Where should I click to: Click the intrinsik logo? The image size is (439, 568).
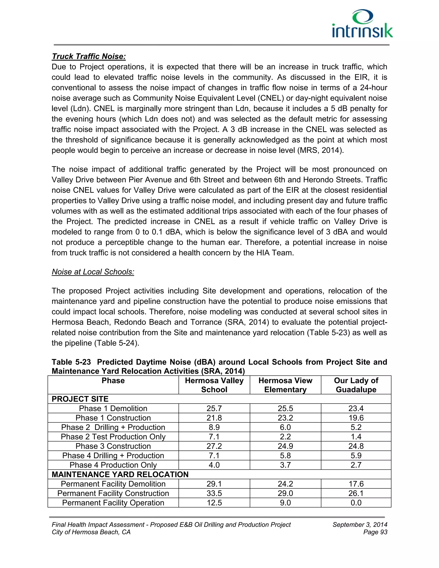pyautogui.click(x=362, y=24)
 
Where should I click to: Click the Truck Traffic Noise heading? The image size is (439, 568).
pyautogui.click(x=89, y=56)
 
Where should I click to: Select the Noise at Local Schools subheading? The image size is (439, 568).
pyautogui.click(x=93, y=272)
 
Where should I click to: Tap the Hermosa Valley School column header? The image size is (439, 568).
pyautogui.click(x=214, y=385)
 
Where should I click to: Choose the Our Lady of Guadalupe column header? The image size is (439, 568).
pyautogui.click(x=356, y=385)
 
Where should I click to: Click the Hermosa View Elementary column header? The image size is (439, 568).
pyautogui.click(x=285, y=385)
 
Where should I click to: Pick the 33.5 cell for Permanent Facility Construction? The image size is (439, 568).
pyautogui.click(x=214, y=493)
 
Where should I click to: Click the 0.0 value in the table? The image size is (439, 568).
pyautogui.click(x=356, y=503)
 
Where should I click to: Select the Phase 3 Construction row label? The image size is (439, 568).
pyautogui.click(x=113, y=446)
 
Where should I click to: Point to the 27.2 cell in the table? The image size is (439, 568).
pyautogui.click(x=214, y=446)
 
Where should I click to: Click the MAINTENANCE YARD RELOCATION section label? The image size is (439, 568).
pyautogui.click(x=120, y=474)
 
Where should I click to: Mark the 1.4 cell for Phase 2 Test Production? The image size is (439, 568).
pyautogui.click(x=356, y=437)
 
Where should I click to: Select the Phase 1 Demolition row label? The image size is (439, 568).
pyautogui.click(x=113, y=408)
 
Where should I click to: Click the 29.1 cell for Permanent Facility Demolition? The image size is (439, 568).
pyautogui.click(x=214, y=484)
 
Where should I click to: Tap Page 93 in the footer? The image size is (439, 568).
pyautogui.click(x=375, y=532)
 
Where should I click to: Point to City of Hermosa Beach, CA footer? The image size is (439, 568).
pyautogui.click(x=91, y=532)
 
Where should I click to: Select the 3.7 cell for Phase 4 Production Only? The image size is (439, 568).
pyautogui.click(x=285, y=465)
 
